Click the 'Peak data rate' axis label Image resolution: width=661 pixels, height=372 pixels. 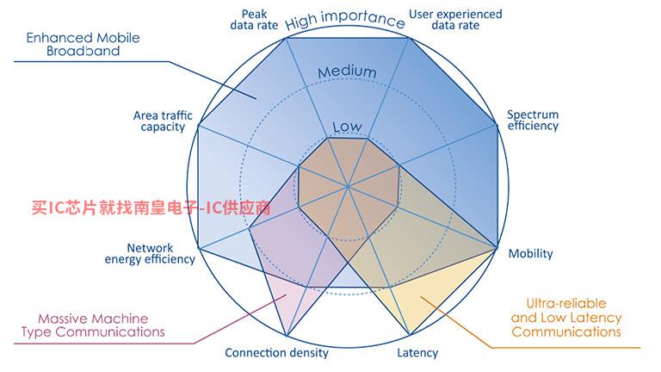coord(254,20)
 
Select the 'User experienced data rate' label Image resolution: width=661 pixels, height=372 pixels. coord(455,20)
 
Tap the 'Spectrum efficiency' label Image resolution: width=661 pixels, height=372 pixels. coord(533,121)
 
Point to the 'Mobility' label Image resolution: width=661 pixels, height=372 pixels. coord(530,253)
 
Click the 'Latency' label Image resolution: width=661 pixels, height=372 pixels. coord(417,352)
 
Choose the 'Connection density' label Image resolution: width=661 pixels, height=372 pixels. coord(276,352)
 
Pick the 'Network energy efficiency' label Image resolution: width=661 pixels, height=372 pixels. coord(150,253)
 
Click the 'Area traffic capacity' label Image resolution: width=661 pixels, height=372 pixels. coord(163,121)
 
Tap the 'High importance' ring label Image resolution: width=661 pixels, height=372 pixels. coord(345,19)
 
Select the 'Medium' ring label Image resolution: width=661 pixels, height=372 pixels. coord(347,72)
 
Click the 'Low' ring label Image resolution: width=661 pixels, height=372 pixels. coord(347,127)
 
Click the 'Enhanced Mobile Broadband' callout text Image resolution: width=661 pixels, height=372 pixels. coord(83,44)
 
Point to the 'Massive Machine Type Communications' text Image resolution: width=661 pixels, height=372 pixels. coord(93,325)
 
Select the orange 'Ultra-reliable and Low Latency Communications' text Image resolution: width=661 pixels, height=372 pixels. coord(566,318)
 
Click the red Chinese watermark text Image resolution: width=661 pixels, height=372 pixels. coord(151,207)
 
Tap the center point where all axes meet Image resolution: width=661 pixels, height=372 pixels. coord(348,186)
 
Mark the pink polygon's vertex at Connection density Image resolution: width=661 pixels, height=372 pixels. coord(287,336)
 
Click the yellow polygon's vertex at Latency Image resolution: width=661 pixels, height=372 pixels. coord(410,335)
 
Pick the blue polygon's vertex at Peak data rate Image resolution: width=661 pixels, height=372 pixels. coord(287,38)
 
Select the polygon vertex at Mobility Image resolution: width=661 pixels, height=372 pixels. coord(497,248)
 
